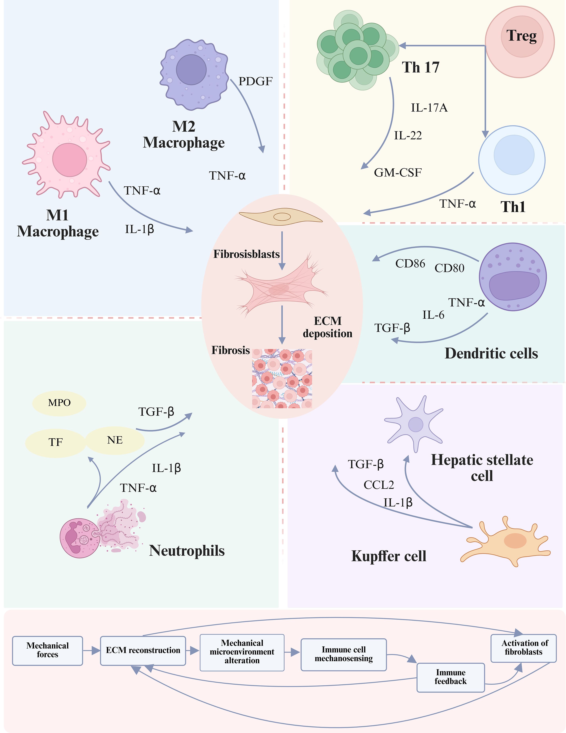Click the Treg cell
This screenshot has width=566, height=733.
coord(520,42)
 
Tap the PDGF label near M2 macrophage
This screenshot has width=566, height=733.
coord(255,81)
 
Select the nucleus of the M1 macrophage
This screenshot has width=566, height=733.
coord(69,160)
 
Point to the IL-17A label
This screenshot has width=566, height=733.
coord(429,108)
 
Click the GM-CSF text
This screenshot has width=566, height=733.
coord(398,173)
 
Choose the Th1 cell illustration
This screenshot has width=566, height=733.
coord(512,160)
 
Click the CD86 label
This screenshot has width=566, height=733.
coord(410,263)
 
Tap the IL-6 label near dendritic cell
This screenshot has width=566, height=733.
coord(433,315)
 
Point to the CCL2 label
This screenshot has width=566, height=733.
coord(379,485)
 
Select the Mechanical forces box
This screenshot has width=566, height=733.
coord(47,650)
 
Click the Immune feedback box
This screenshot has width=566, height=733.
coord(451,677)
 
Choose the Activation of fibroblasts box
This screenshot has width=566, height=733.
coord(523,647)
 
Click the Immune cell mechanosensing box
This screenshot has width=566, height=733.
coord(343,654)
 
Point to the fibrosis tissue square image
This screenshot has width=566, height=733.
coord(282,379)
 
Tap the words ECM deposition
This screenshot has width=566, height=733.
coord(327,327)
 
